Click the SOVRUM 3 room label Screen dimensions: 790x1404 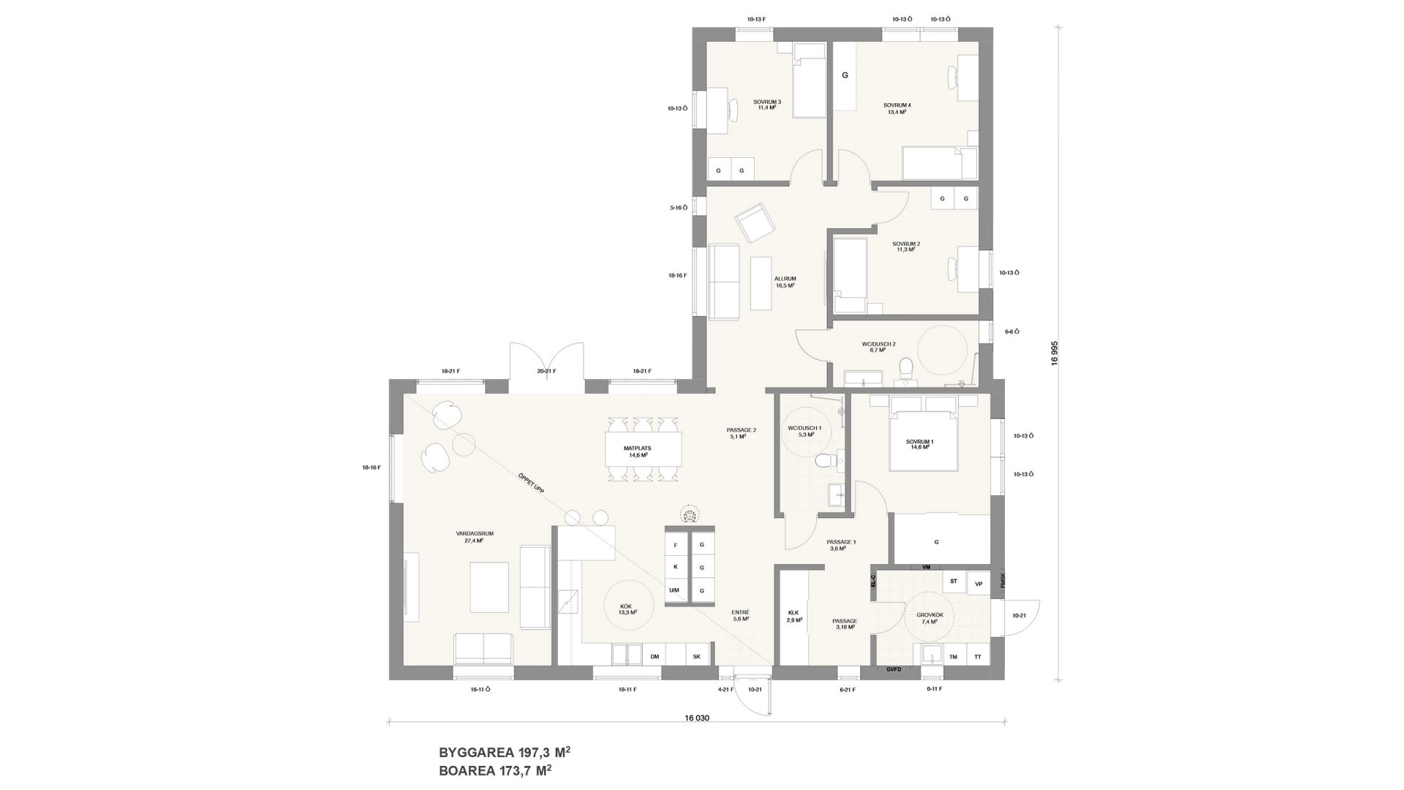(767, 105)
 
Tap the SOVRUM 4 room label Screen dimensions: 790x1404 (897, 108)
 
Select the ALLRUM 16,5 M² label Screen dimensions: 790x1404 (785, 282)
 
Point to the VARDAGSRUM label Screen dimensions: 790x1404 (475, 537)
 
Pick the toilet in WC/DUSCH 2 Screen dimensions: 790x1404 (906, 368)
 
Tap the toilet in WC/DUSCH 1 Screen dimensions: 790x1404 (823, 461)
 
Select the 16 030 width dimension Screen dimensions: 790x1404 (697, 718)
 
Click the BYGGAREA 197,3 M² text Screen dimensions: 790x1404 (504, 752)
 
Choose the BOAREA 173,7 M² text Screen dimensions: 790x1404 (495, 770)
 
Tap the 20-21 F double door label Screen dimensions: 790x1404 (546, 372)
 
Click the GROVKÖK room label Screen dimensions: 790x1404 (929, 617)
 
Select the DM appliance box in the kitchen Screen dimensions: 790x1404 (654, 657)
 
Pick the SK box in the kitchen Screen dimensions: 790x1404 (696, 657)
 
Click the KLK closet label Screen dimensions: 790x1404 (794, 616)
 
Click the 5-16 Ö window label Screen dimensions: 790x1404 (679, 208)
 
